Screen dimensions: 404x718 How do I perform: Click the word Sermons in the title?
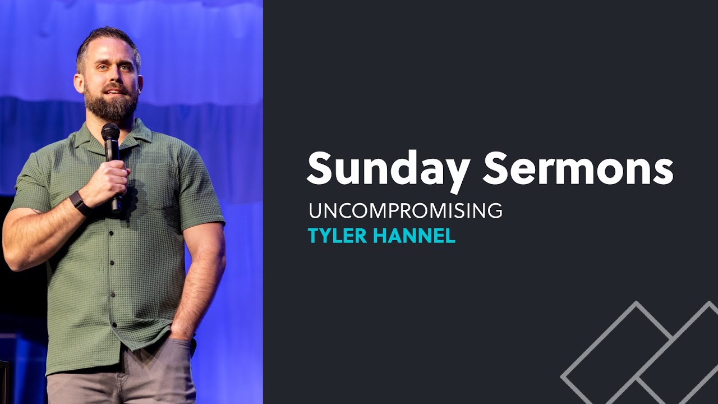[x=578, y=168]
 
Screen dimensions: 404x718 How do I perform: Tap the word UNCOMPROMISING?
[x=405, y=210]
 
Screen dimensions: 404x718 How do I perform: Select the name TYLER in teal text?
[x=338, y=236]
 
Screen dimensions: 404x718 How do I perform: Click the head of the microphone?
[x=111, y=134]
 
